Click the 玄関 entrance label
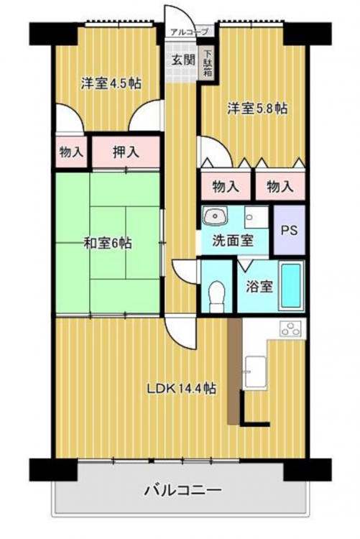(184, 60)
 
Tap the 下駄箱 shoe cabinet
(208, 63)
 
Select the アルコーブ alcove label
(190, 32)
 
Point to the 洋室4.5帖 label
(111, 83)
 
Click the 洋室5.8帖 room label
(257, 109)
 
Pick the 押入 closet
(126, 152)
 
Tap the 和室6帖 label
(107, 243)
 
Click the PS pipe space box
(289, 230)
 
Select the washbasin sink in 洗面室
(215, 216)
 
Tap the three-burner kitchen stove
(292, 328)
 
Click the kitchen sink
(255, 372)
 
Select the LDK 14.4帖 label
(182, 388)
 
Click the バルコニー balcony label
(183, 490)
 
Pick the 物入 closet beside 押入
(71, 152)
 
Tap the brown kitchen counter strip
(234, 371)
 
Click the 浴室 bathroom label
(259, 286)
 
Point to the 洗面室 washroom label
(232, 240)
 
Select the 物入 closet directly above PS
(280, 186)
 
